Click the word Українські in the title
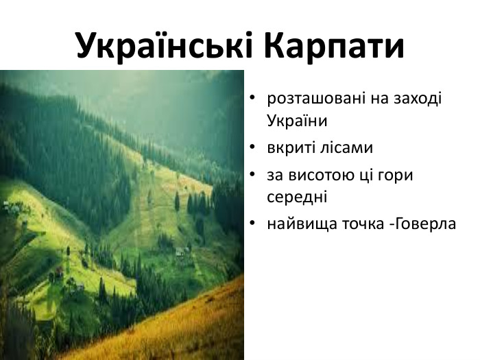point(165,45)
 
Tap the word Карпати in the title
point(334,45)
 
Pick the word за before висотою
point(276,174)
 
